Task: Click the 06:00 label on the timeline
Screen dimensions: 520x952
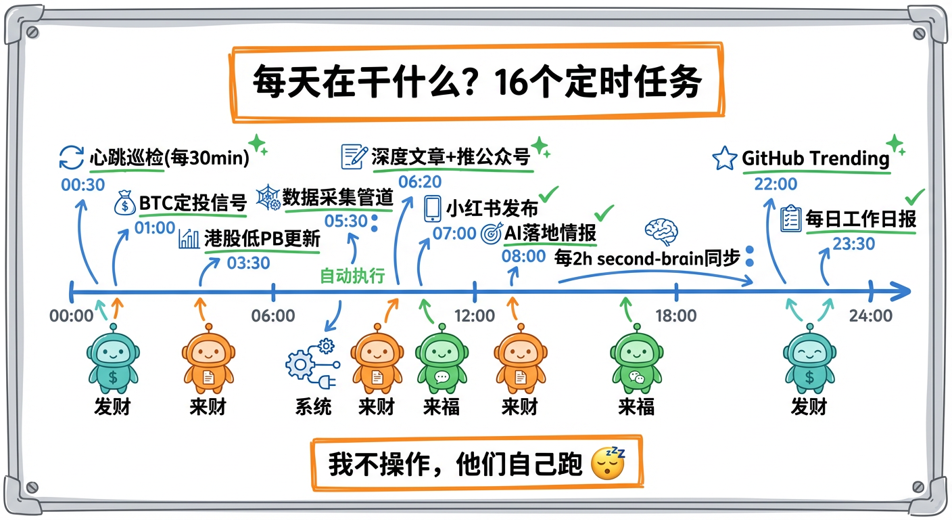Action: (273, 316)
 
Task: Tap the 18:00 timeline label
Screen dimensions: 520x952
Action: (675, 316)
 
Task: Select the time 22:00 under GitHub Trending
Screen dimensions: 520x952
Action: (776, 183)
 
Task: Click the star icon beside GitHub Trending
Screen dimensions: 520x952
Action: (725, 159)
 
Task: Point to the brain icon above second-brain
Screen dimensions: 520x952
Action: (658, 230)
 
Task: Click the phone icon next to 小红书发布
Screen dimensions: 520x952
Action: (432, 209)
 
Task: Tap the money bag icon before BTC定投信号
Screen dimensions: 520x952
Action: (126, 203)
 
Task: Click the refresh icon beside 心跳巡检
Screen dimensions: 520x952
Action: (72, 158)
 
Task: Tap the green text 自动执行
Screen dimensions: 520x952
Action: (352, 276)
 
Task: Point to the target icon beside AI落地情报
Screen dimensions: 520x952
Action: (491, 234)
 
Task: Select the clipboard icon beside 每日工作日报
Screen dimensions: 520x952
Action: (790, 219)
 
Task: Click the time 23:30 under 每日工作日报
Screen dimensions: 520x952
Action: (854, 244)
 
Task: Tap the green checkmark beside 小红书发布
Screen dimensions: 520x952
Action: (548, 195)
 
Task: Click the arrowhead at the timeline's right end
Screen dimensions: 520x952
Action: (903, 292)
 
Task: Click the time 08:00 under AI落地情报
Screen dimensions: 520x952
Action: (523, 256)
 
